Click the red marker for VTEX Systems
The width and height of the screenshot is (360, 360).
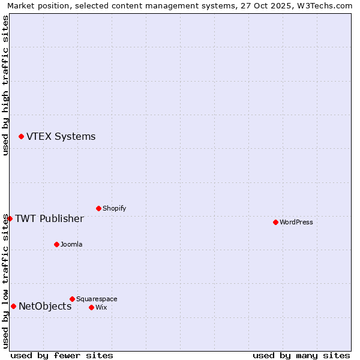(21, 137)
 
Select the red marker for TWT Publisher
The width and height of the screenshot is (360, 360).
(10, 218)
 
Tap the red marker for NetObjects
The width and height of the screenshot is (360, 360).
(13, 307)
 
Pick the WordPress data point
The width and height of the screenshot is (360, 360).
(275, 222)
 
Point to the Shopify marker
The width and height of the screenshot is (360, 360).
(98, 208)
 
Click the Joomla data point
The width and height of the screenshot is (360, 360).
(56, 244)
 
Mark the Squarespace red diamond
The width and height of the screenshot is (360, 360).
(72, 299)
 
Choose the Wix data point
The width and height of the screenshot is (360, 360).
(91, 307)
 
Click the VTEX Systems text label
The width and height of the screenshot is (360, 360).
(61, 136)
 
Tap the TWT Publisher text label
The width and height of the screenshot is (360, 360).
(49, 218)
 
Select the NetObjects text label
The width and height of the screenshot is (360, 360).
(45, 307)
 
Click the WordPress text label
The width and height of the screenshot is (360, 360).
(296, 222)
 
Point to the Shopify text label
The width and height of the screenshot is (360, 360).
(114, 208)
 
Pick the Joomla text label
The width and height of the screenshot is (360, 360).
(71, 244)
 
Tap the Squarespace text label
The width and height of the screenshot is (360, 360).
(97, 299)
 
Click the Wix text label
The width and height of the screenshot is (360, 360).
(101, 307)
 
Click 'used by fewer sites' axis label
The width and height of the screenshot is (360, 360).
(62, 355)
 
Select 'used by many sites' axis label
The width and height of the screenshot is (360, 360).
(301, 355)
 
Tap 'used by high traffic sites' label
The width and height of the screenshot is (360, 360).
(5, 85)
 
